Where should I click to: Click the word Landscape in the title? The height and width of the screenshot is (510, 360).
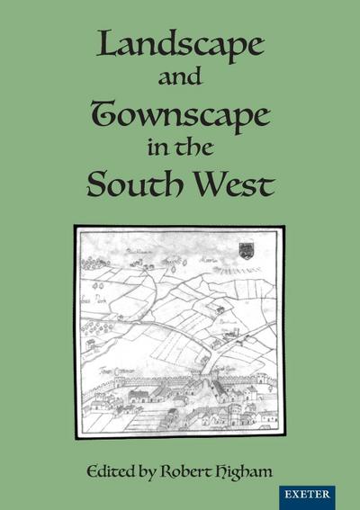(180, 49)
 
